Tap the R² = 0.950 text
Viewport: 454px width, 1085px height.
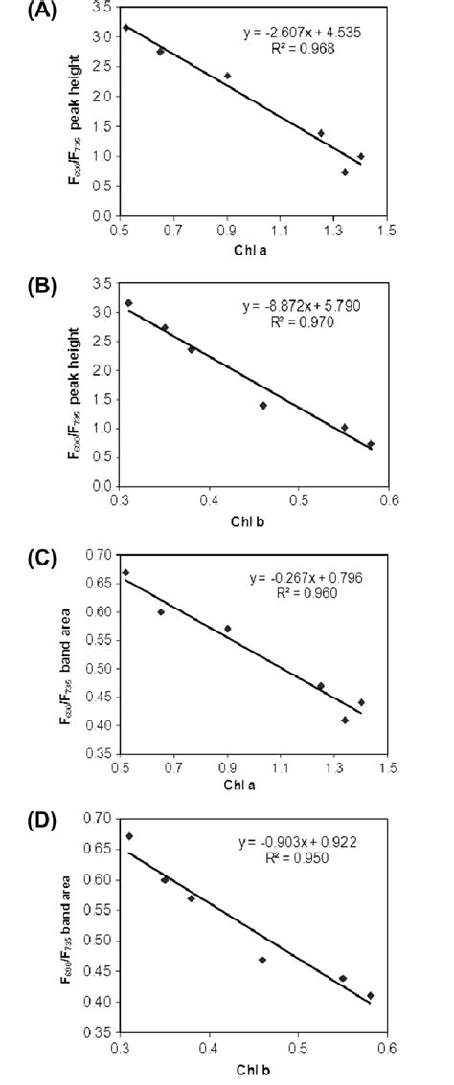click(295, 857)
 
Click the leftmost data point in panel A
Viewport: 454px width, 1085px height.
click(126, 28)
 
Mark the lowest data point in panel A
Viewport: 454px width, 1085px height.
click(345, 172)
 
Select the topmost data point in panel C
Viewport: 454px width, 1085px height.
click(126, 572)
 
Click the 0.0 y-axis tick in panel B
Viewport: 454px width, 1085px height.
click(102, 487)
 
